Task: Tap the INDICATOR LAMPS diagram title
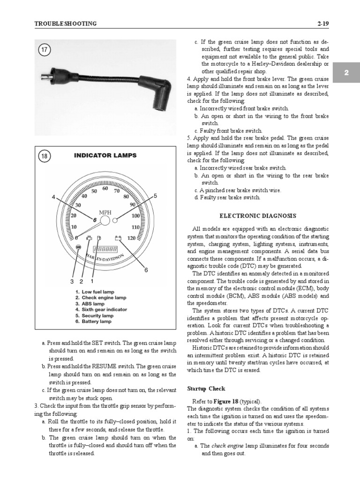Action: pos(105,156)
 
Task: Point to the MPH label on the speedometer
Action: pos(105,212)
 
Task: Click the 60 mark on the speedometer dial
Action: pos(105,188)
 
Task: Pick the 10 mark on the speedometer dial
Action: pos(74,227)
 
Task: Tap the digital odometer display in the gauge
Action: pos(105,249)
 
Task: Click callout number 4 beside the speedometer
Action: pos(53,197)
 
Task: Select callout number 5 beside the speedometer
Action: pos(155,195)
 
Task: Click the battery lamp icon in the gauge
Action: pos(119,239)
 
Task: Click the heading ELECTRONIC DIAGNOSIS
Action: pos(258,216)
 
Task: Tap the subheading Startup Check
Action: pos(206,389)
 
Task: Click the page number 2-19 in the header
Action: pos(323,23)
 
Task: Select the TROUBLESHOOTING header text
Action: pos(66,23)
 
